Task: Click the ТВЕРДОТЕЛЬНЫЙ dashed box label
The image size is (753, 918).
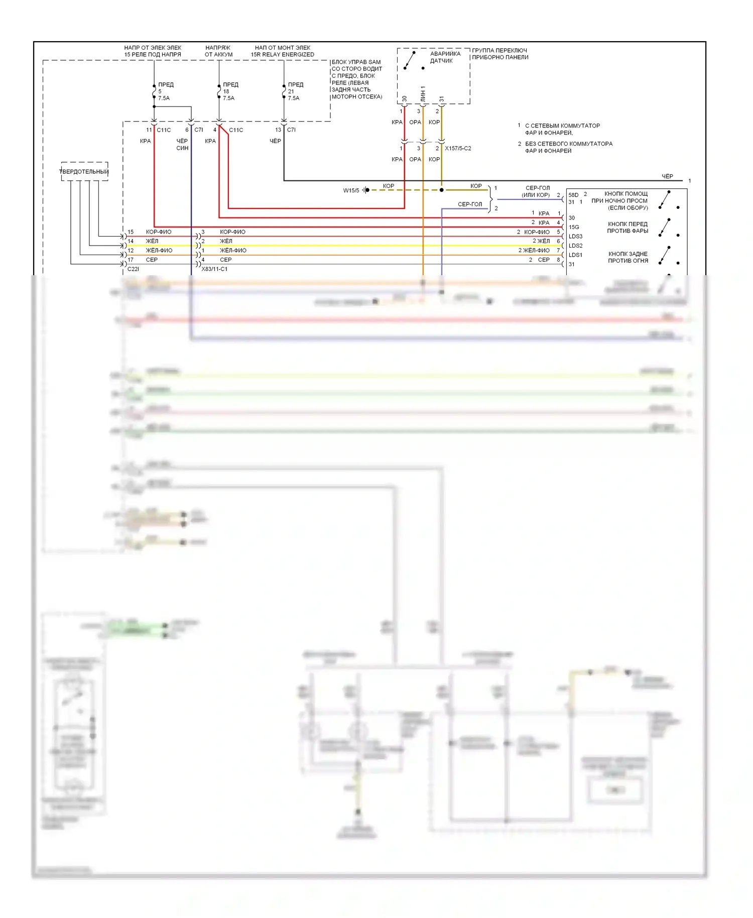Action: pos(84,172)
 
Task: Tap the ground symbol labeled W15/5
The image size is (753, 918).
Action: pos(366,190)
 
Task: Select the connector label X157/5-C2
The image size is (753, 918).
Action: pos(458,149)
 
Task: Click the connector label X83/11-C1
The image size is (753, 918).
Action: pos(214,269)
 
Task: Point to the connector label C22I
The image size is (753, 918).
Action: pos(133,269)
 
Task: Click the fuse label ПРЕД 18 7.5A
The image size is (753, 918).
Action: pos(229,91)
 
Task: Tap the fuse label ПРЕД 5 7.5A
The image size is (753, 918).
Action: pos(165,91)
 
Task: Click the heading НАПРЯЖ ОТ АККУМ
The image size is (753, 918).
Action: pos(218,51)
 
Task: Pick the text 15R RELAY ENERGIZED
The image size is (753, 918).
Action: pos(283,55)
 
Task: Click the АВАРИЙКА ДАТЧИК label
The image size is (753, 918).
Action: pos(444,57)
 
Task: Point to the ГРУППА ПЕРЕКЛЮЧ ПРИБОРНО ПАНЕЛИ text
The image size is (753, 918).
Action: pos(500,54)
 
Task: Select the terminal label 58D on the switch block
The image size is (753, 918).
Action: pos(573,195)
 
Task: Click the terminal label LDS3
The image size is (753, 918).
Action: pos(575,237)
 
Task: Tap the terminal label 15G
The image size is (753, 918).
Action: pos(574,227)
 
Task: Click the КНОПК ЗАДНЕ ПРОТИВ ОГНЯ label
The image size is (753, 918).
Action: pos(628,257)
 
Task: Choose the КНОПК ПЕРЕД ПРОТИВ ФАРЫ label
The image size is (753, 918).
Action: pos(627,227)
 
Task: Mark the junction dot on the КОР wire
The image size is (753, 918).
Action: pos(441,190)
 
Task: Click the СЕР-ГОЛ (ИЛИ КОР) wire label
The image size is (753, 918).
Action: pos(537,191)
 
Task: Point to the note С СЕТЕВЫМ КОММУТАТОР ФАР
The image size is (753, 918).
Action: pos(562,129)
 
